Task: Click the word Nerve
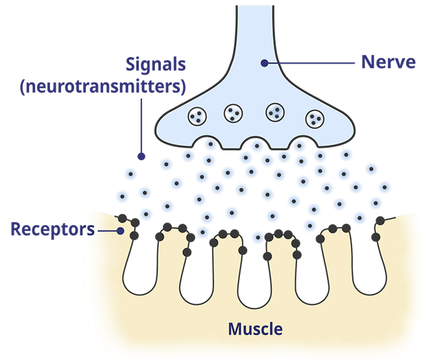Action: tap(387, 63)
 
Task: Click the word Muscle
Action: tap(255, 328)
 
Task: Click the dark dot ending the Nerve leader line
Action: tap(265, 63)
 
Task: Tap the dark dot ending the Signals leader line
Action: tap(141, 156)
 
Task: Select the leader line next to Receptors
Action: tap(107, 229)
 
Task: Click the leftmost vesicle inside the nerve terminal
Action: tap(197, 116)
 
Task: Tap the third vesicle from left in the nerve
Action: tap(275, 112)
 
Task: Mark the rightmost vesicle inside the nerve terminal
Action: tap(315, 118)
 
